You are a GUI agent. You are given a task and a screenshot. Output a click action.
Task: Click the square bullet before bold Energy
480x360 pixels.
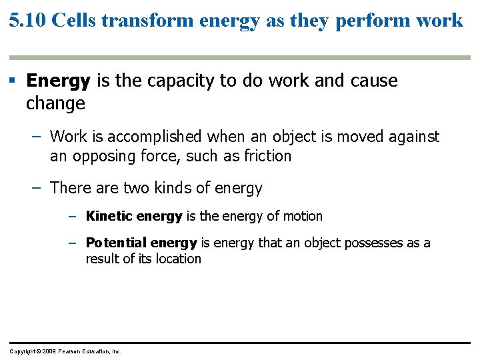tap(12, 81)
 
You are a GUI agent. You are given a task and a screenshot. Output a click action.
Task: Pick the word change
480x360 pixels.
tap(55, 104)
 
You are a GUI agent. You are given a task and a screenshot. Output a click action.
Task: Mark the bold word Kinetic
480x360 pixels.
tap(109, 217)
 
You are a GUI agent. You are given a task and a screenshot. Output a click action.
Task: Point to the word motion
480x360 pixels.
tap(301, 217)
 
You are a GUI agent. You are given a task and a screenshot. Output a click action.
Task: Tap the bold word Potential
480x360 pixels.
tap(117, 243)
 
